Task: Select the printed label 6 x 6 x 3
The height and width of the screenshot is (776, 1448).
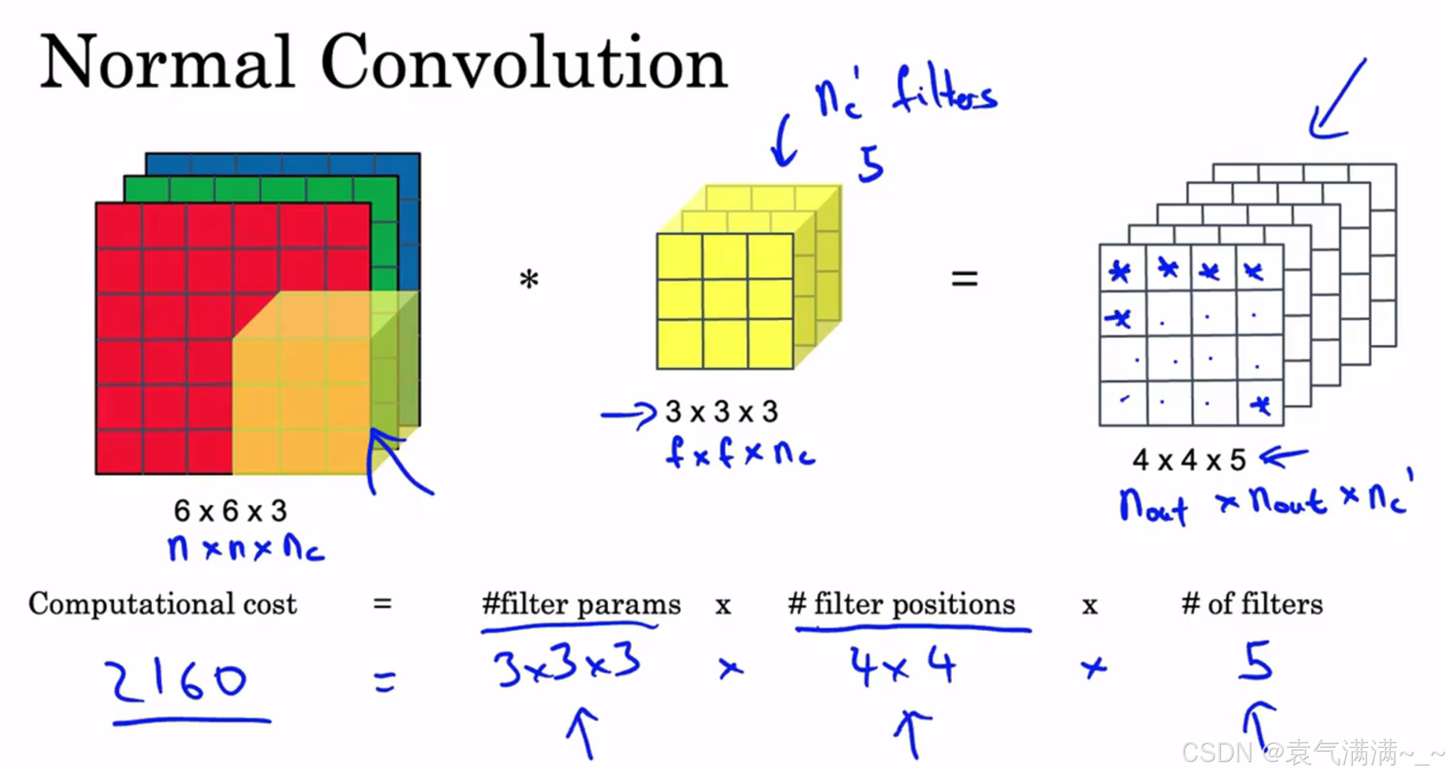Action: point(230,511)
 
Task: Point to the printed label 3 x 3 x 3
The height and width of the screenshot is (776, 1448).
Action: point(721,412)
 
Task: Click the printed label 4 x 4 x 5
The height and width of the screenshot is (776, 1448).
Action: point(1189,460)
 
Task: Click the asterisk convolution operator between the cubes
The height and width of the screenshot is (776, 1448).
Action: point(529,280)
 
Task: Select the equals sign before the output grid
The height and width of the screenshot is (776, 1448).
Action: point(964,279)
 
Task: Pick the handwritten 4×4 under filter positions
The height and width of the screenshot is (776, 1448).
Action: point(902,667)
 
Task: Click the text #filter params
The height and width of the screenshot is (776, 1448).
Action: point(581,605)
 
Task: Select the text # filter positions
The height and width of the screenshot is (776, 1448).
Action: point(901,605)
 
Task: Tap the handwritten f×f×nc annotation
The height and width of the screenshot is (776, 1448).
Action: point(740,453)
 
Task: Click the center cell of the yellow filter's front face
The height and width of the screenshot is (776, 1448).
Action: point(725,301)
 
